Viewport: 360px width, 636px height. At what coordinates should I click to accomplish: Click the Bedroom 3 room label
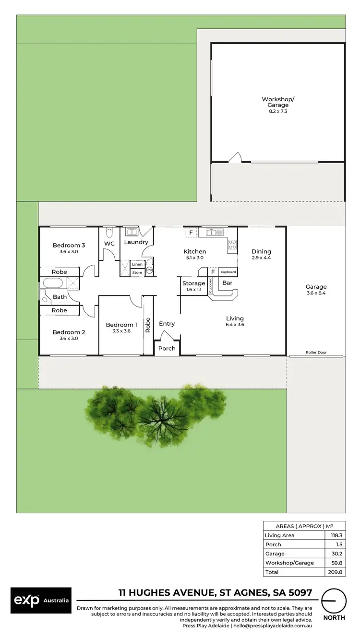point(69,245)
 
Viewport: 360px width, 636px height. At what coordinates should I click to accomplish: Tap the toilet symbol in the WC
point(109,233)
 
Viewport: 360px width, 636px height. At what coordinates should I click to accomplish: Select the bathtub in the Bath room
point(56,283)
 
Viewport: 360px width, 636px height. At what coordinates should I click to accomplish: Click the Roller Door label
point(316,353)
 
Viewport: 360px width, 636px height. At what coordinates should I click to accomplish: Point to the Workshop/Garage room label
point(278,102)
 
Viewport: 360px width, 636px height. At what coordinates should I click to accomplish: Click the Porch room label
point(167,348)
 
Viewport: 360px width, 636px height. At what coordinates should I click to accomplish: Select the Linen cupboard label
point(137,264)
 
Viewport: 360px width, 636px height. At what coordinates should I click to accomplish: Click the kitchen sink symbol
point(215,233)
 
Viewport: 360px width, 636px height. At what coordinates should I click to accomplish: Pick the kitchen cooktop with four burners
point(232,246)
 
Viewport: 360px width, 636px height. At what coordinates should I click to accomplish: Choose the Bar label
point(228,283)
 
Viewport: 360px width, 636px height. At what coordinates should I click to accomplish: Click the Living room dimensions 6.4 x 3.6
point(235,325)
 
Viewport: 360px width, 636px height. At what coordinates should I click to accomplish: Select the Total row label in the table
point(272,572)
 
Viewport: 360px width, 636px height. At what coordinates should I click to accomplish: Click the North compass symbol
point(334,600)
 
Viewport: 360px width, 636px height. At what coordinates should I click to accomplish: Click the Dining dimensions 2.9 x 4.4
point(261,258)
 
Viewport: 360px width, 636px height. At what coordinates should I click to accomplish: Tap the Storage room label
point(194,283)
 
